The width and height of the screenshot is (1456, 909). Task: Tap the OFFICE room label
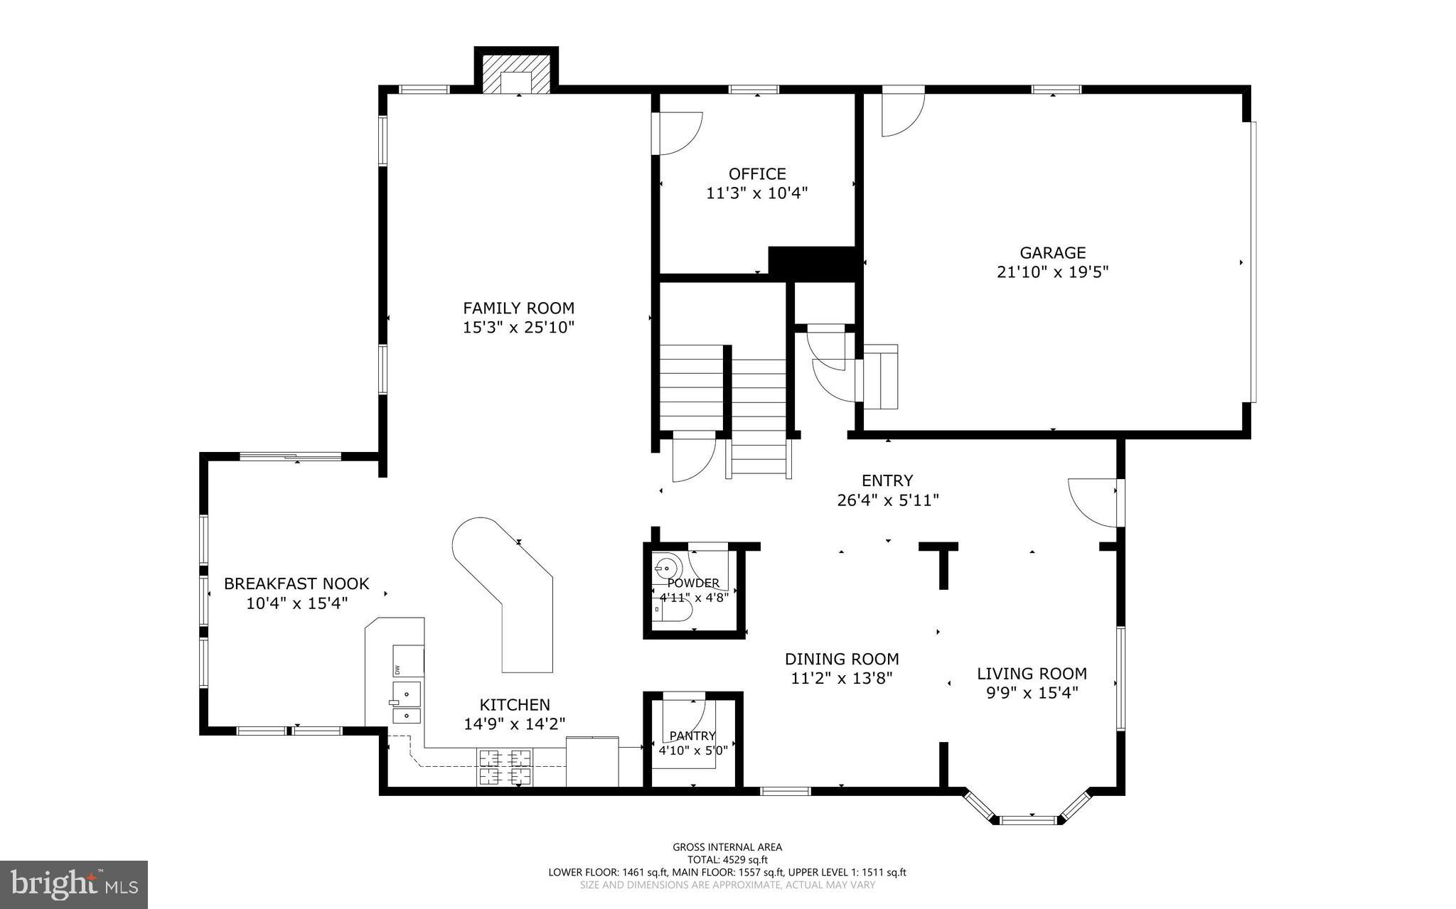(757, 174)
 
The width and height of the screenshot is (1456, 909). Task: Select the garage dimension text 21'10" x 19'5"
(1053, 272)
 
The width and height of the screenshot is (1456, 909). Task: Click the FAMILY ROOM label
(518, 308)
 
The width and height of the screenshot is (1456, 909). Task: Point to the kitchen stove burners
(504, 767)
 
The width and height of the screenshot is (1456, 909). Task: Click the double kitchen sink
(407, 702)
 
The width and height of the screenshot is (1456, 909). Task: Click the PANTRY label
(692, 736)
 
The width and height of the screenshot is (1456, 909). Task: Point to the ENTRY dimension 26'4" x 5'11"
(888, 500)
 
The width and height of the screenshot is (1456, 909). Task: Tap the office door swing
(679, 133)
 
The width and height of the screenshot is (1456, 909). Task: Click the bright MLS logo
(74, 885)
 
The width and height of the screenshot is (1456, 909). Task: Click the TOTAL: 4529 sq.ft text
(727, 859)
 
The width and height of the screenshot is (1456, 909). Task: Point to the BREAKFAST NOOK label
(296, 584)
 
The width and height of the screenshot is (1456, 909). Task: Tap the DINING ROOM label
(842, 659)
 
